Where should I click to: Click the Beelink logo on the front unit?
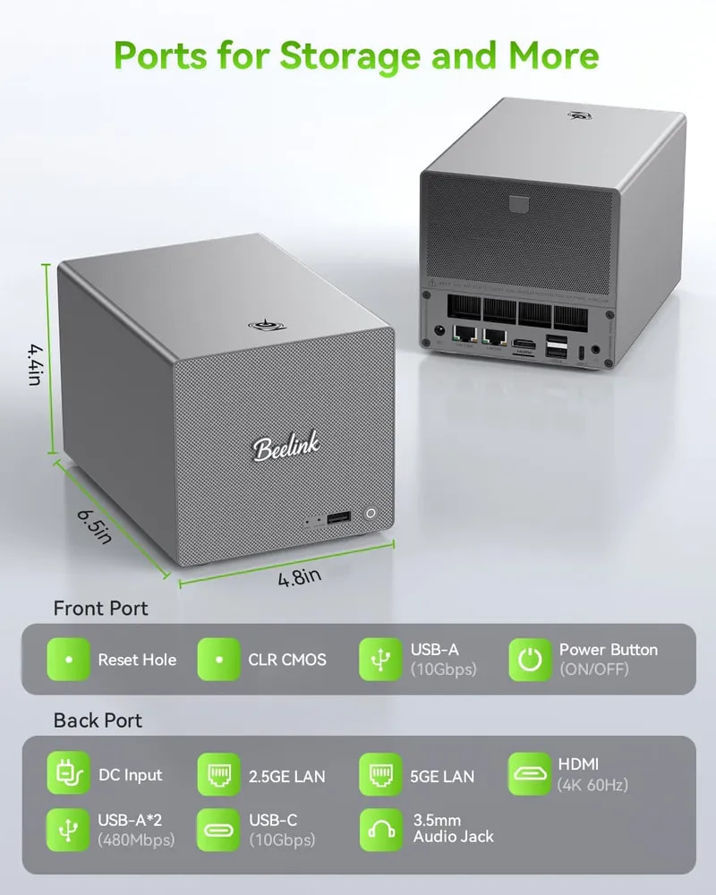click(x=286, y=446)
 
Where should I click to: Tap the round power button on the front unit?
click(x=371, y=513)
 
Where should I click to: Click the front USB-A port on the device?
click(x=338, y=518)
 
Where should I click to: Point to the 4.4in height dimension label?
click(x=36, y=364)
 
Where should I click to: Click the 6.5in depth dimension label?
click(x=94, y=527)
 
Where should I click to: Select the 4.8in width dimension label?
click(x=300, y=577)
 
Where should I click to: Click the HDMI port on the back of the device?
click(x=524, y=345)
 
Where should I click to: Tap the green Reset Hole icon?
click(x=69, y=660)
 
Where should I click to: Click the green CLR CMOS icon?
click(x=218, y=660)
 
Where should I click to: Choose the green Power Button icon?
click(x=530, y=660)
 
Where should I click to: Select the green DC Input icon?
click(x=69, y=773)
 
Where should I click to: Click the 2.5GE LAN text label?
click(x=286, y=776)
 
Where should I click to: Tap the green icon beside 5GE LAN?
click(x=380, y=774)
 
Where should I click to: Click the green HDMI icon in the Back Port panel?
click(x=530, y=773)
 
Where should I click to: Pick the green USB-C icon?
click(x=218, y=830)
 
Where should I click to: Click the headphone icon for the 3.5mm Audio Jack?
click(x=381, y=830)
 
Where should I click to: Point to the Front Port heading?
click(x=100, y=609)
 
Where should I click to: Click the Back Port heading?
click(x=98, y=720)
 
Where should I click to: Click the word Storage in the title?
click(x=351, y=55)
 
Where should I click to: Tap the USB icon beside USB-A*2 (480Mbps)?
click(x=69, y=830)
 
